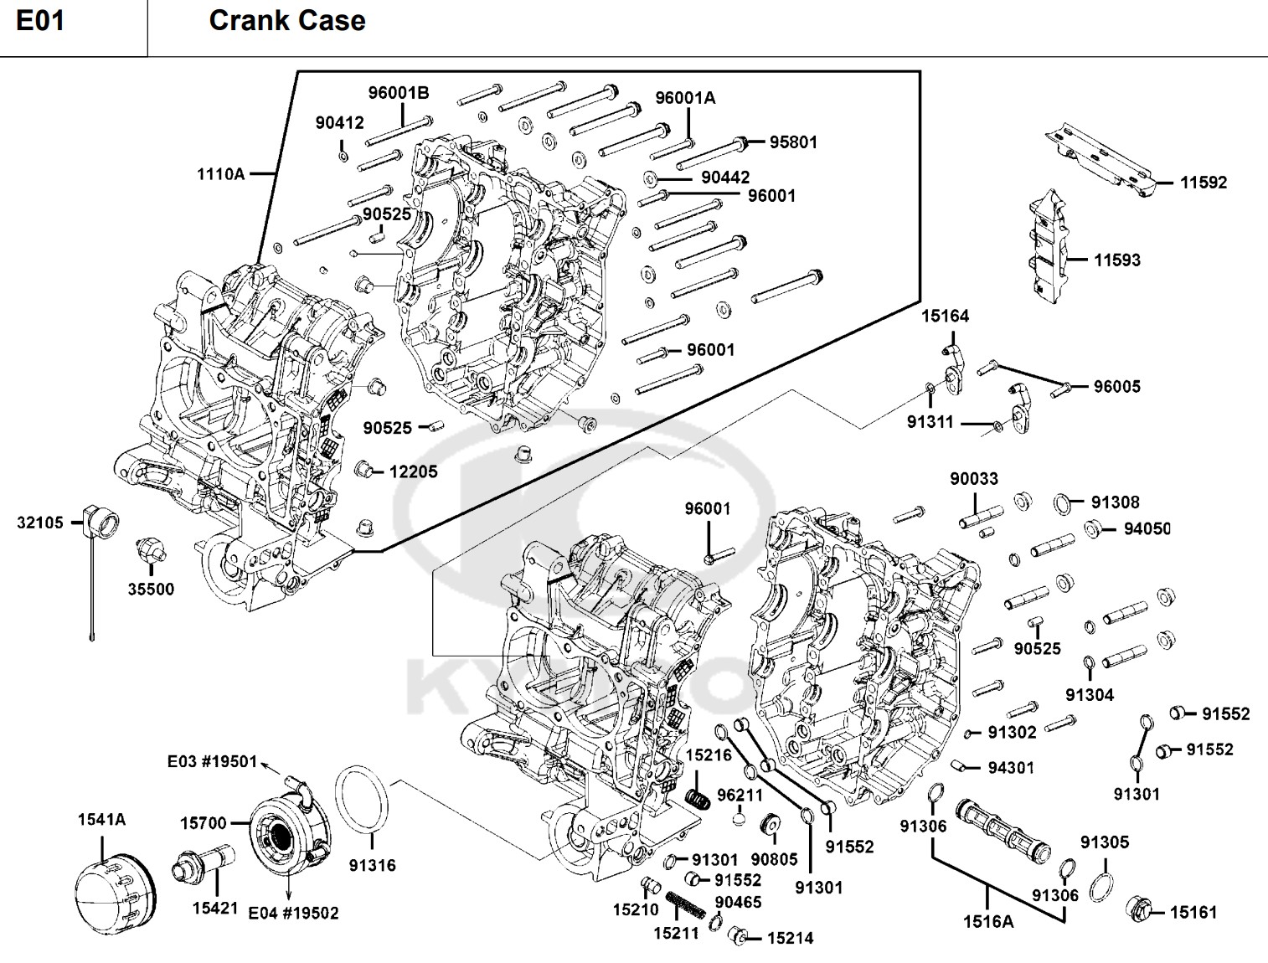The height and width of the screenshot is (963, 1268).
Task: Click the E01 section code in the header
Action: [x=40, y=21]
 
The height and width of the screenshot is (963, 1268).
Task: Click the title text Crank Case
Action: [x=287, y=21]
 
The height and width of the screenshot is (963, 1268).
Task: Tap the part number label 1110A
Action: [x=220, y=174]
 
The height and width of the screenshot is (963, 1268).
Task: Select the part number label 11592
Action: [x=1204, y=183]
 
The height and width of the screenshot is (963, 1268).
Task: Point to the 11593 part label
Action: [x=1117, y=260]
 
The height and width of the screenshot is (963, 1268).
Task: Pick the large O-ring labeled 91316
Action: [x=362, y=800]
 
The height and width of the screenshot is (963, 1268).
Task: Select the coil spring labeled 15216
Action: [x=698, y=799]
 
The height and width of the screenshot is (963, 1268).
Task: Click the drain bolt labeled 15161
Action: [x=1139, y=909]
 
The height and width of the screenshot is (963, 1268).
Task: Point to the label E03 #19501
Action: [x=212, y=761]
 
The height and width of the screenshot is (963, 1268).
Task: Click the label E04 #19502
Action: [x=293, y=913]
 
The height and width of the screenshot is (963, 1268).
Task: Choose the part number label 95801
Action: [x=793, y=142]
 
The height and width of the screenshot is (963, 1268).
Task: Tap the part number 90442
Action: [x=725, y=178]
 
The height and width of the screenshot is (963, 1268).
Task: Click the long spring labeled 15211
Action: [x=685, y=905]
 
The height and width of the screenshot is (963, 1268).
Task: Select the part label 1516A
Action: [x=988, y=921]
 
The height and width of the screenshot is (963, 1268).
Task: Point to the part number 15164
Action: [x=945, y=316]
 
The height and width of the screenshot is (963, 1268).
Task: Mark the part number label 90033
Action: [x=974, y=479]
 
